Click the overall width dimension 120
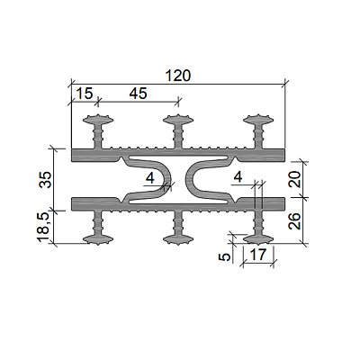coord(178,76)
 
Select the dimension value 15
coord(85,94)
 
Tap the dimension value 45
coord(139,94)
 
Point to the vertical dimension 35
coord(45,179)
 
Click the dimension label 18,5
coord(43,227)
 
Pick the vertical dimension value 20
coord(296,179)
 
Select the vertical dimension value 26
coord(296,220)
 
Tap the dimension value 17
coord(258,255)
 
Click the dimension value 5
coord(225,256)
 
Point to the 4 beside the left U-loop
coord(150,179)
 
